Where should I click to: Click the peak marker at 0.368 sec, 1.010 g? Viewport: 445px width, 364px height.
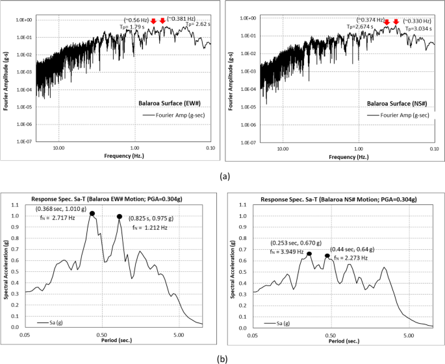[92, 213]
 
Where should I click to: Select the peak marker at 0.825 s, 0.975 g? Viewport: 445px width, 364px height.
[120, 217]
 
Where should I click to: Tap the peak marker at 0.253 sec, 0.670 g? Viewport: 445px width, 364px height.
[309, 254]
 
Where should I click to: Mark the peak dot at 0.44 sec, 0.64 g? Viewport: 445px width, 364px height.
[327, 256]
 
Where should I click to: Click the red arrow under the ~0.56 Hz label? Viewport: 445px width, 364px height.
[153, 21]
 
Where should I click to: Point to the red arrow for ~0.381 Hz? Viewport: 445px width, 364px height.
[162, 21]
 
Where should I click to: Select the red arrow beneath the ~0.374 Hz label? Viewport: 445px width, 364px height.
[387, 23]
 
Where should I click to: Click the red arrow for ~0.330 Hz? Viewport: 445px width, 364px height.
[396, 23]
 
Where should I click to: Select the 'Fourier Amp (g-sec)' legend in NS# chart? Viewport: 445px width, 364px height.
[394, 115]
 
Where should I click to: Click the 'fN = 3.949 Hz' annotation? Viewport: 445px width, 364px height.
[287, 251]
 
